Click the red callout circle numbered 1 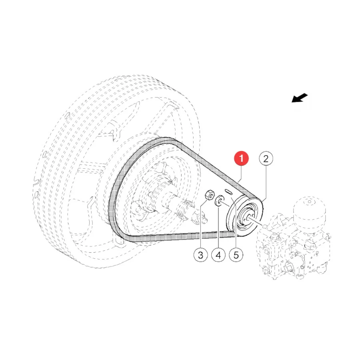[241, 158]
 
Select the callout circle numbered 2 [266, 158]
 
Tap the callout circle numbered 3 [201, 255]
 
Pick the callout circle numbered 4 [218, 255]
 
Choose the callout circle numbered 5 [236, 255]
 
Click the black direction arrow [299, 98]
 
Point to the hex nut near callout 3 [209, 195]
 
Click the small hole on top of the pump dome [310, 202]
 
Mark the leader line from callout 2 [265, 183]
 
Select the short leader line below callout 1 [240, 174]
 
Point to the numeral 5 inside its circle [236, 255]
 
